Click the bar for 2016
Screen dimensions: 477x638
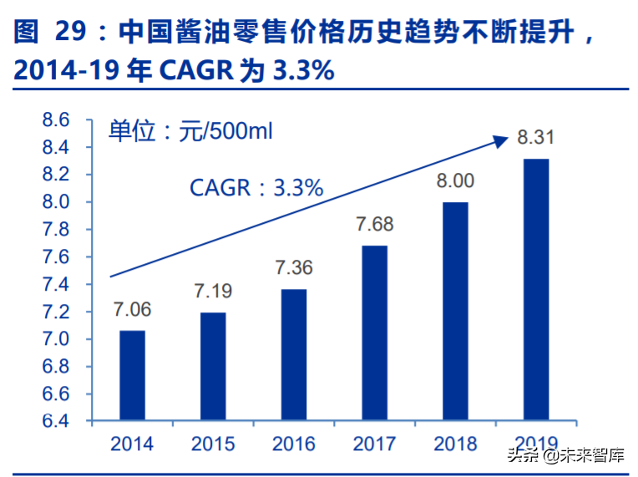click(x=293, y=354)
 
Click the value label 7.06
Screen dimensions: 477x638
click(x=132, y=311)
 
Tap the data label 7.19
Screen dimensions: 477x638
click(x=213, y=292)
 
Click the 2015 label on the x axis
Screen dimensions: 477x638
click(x=213, y=444)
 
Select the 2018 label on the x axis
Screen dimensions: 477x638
click(x=455, y=444)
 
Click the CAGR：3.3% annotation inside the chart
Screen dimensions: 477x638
click(x=256, y=187)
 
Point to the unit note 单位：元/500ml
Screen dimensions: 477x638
click(x=191, y=131)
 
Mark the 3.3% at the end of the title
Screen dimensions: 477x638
click(x=303, y=72)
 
